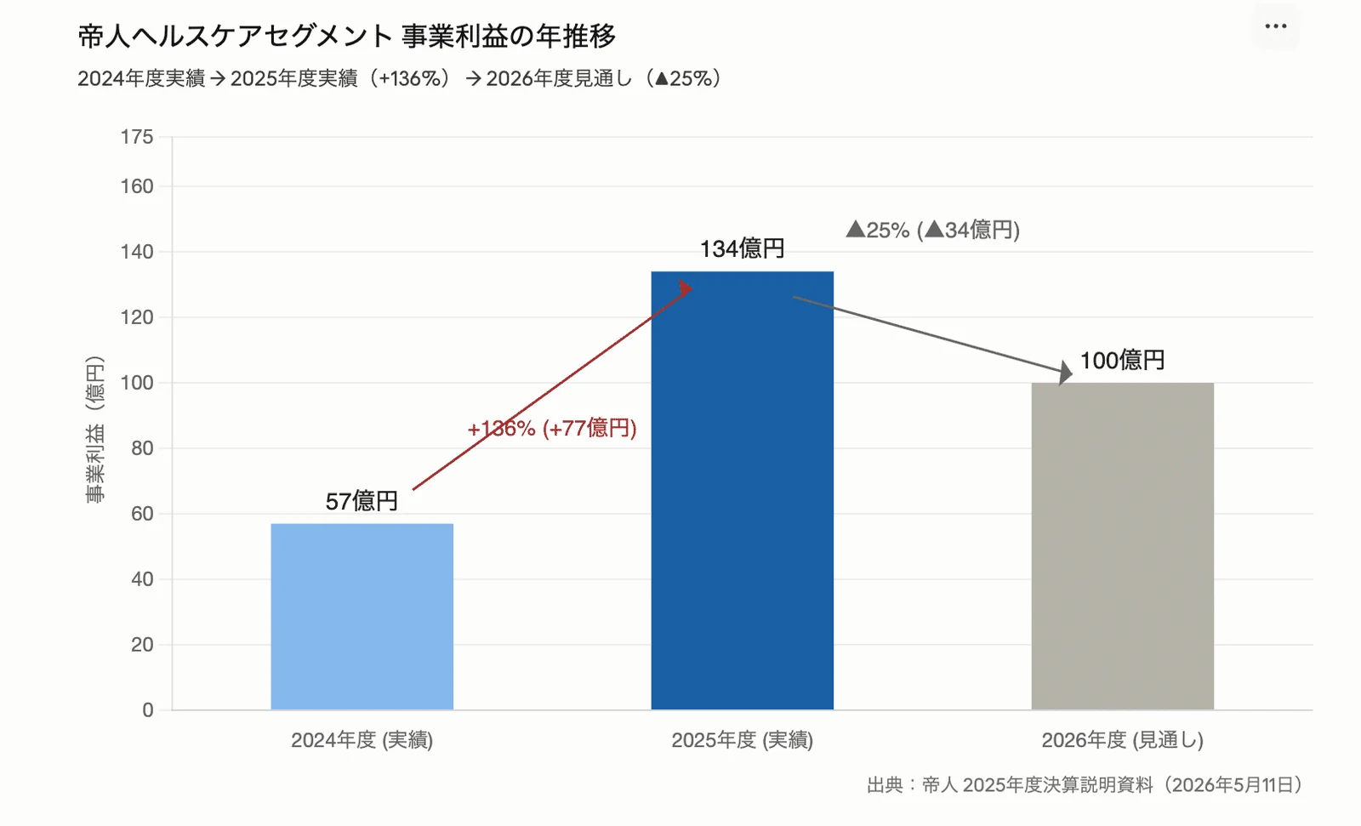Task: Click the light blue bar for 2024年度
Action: coord(362,616)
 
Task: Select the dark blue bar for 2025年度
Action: coord(743,491)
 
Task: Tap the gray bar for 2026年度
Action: coord(1123,546)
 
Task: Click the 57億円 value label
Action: coord(362,501)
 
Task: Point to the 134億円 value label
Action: coord(742,248)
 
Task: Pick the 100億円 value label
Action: coord(1122,361)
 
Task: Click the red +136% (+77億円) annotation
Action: coord(552,429)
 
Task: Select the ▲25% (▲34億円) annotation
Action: coord(932,231)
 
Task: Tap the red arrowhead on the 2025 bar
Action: coord(686,288)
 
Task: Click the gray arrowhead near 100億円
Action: coord(1065,373)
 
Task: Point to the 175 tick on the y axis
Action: coord(137,137)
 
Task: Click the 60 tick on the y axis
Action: coord(142,514)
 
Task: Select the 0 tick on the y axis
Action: coord(148,710)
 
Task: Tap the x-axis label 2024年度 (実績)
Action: coord(362,740)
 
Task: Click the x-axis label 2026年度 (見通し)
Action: coord(1123,740)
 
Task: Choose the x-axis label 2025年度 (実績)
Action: coord(743,740)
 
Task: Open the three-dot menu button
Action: coord(1276,26)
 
